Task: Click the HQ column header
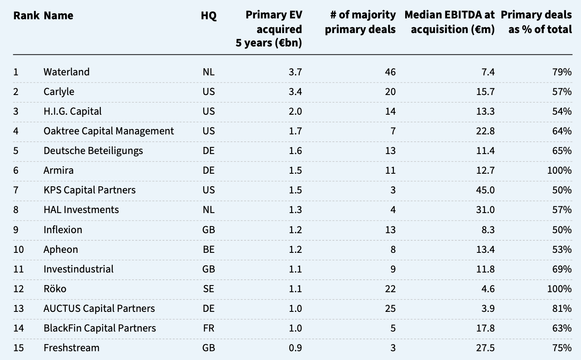[208, 15]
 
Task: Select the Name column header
[58, 15]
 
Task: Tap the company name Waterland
[67, 72]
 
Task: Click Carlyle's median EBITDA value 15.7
[485, 92]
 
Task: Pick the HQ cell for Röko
[208, 289]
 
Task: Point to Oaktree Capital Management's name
[109, 131]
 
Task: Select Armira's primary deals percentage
[560, 170]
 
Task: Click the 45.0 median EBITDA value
[485, 190]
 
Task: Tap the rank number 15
[18, 348]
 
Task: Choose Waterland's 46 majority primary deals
[391, 72]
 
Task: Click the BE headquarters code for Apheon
[208, 249]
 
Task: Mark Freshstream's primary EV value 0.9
[296, 348]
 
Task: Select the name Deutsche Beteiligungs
[93, 151]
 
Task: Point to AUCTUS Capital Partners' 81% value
[562, 309]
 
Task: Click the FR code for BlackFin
[208, 328]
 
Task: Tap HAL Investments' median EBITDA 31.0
[485, 210]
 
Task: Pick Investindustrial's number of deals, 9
[393, 269]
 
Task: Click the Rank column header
[26, 15]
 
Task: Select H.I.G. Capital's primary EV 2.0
[296, 111]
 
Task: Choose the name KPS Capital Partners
[90, 190]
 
